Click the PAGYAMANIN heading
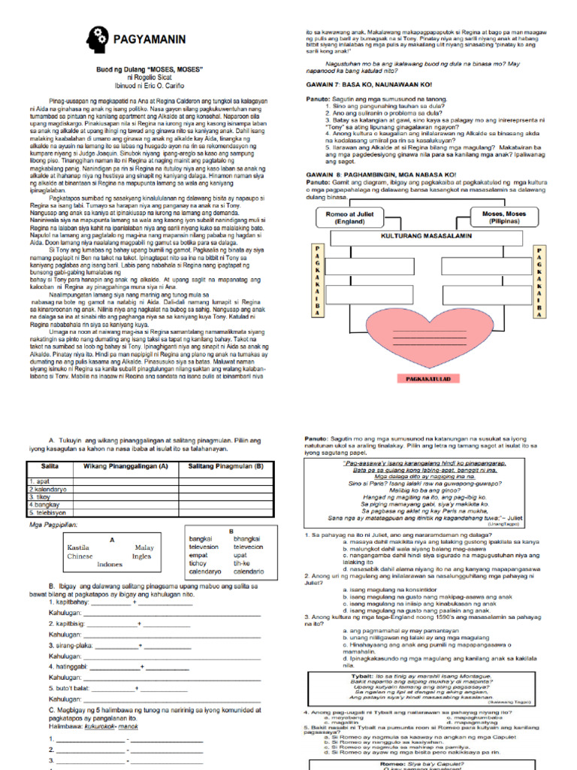click(150, 38)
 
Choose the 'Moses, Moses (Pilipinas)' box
click(504, 218)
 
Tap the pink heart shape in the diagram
click(425, 333)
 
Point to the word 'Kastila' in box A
click(79, 547)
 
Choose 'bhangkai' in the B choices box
click(247, 539)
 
